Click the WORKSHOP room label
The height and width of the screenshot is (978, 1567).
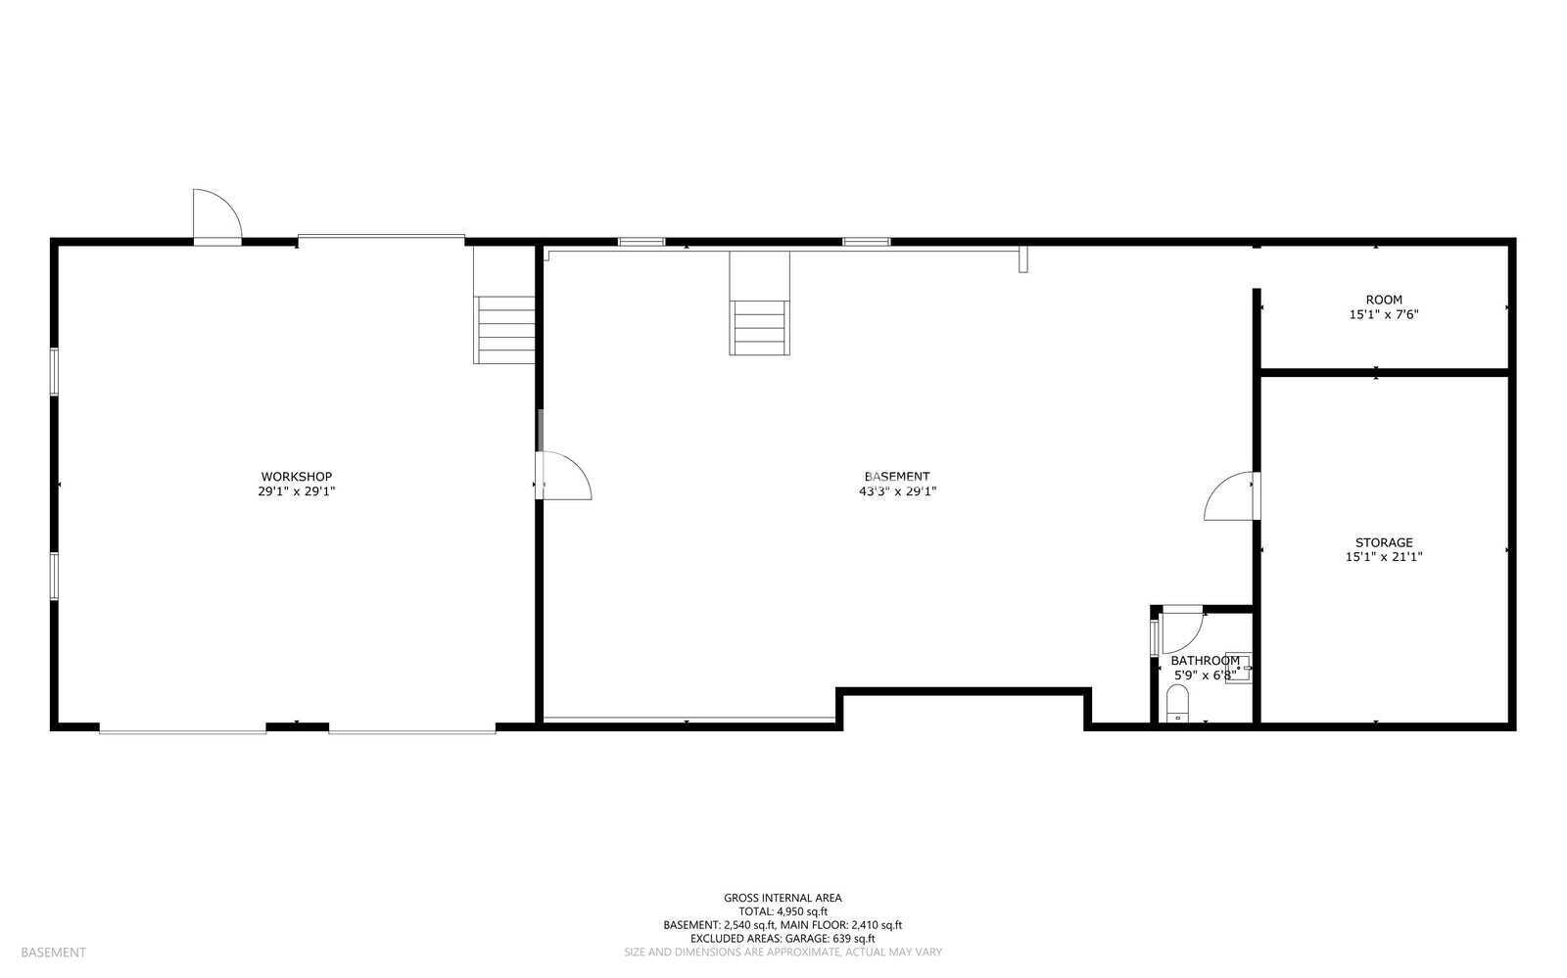click(x=297, y=477)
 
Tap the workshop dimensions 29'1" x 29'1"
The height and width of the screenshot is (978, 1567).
click(x=297, y=491)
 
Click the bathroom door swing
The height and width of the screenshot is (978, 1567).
click(x=1183, y=632)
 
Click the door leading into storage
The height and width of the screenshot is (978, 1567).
click(x=1232, y=496)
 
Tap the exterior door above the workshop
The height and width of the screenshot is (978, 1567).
click(x=217, y=216)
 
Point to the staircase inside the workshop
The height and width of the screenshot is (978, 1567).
click(x=504, y=330)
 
